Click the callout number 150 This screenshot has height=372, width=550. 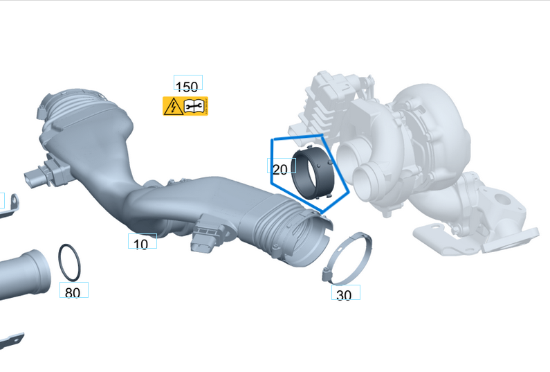coord(187,87)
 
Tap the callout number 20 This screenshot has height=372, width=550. coord(280,169)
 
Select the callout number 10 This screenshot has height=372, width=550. coord(141,244)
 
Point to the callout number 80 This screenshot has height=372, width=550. coord(73,292)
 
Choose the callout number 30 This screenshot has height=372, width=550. coord(344,294)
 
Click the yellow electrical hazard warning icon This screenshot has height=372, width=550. coord(172,106)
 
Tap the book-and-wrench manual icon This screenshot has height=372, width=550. coord(196,106)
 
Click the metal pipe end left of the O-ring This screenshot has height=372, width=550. coord(24,274)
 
